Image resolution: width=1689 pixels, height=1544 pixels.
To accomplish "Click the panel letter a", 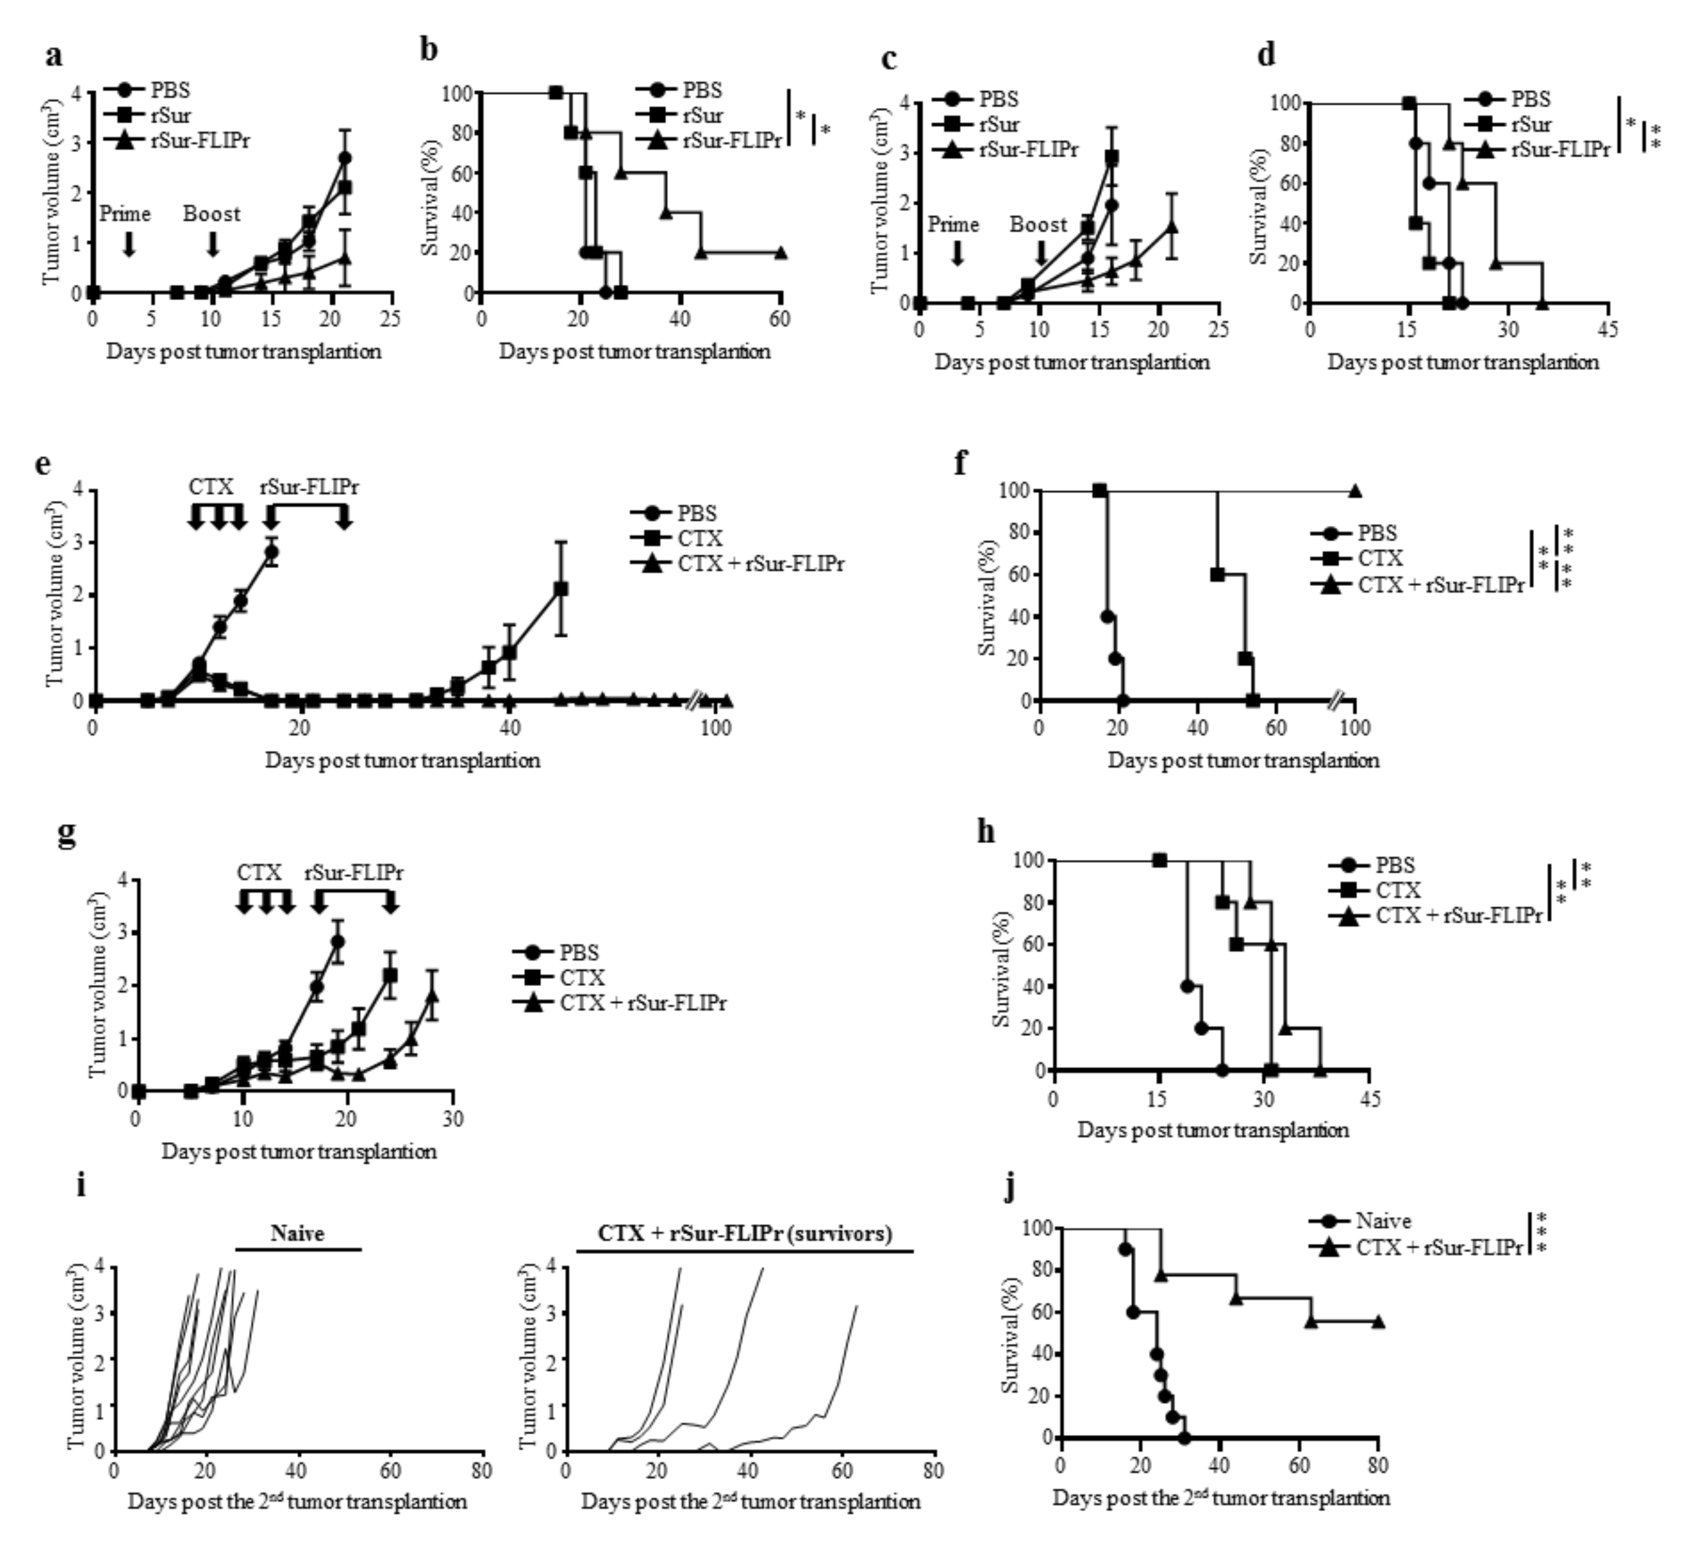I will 53,56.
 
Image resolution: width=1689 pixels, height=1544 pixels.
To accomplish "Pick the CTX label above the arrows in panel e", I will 211,487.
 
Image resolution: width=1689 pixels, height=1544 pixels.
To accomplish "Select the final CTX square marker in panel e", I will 561,589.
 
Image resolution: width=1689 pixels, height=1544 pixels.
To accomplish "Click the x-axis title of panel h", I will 1212,1130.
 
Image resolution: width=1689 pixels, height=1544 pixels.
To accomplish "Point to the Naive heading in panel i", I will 297,1233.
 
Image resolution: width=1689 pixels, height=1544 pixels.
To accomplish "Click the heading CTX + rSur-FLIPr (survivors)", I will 745,1233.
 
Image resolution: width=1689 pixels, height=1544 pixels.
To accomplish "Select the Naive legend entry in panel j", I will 1383,1221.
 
